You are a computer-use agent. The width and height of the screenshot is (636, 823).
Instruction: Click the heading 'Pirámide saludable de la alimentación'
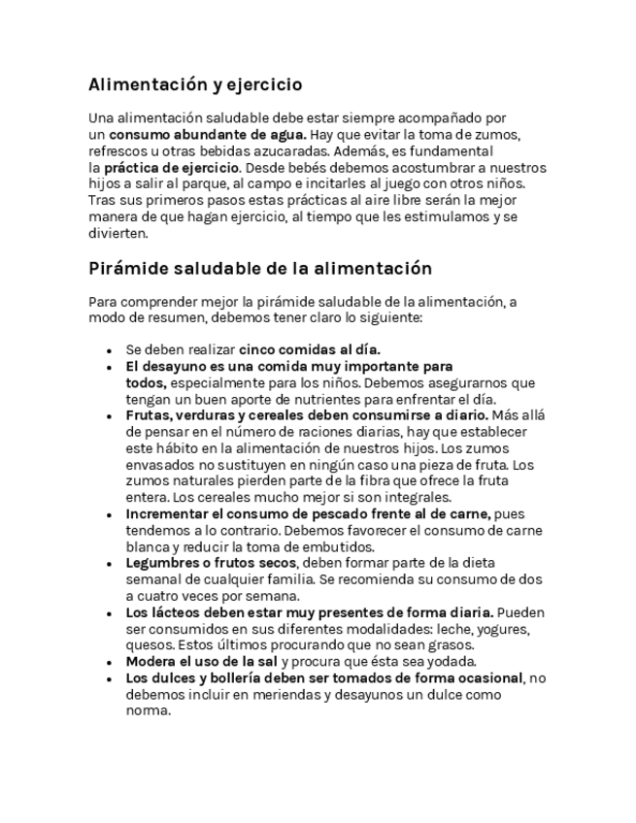(x=259, y=268)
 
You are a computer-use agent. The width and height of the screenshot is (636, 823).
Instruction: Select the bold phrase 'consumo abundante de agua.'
(x=208, y=134)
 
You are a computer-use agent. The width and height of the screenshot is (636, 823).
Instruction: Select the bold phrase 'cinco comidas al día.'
(x=310, y=349)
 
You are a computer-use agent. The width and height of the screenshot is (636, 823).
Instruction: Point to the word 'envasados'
(x=160, y=465)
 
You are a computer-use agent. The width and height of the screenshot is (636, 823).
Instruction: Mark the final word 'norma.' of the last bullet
(x=148, y=710)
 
